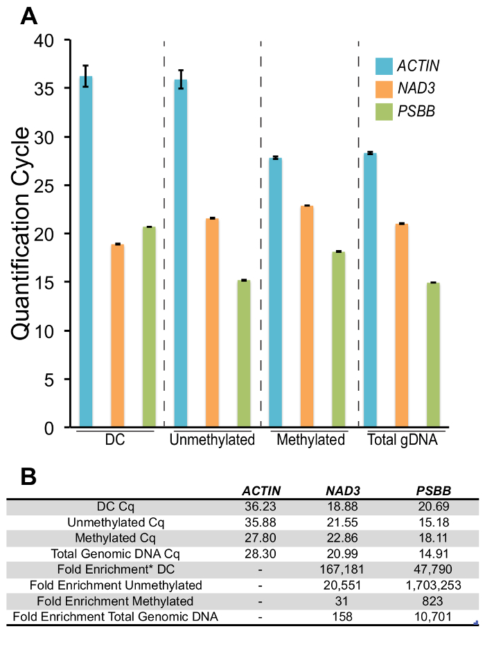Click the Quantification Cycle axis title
tap(21, 233)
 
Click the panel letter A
tap(28, 15)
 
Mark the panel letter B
tap(27, 477)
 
